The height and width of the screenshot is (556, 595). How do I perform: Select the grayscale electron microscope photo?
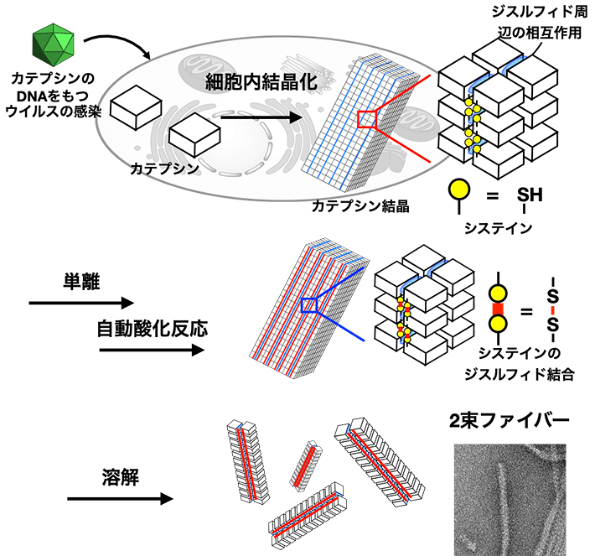click(510, 495)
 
